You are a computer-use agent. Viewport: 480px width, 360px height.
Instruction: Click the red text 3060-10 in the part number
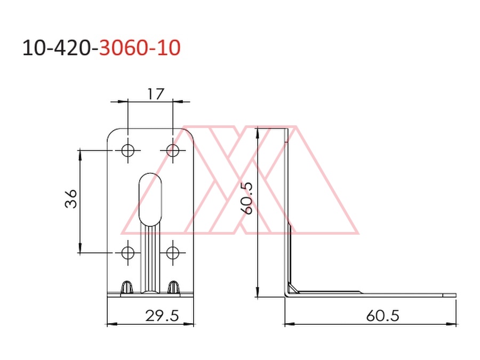(x=140, y=48)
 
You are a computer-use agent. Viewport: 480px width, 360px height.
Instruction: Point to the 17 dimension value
(x=156, y=94)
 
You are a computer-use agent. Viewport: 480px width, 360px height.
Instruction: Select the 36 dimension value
(x=71, y=199)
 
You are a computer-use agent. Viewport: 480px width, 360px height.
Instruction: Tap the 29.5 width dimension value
(x=162, y=316)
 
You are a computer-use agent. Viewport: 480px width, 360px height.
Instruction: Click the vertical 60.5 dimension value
(x=247, y=198)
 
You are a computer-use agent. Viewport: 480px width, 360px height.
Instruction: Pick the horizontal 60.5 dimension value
(x=382, y=316)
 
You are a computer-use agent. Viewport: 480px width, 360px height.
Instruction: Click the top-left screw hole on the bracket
(x=127, y=150)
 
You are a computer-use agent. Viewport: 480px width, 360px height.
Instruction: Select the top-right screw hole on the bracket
(x=173, y=150)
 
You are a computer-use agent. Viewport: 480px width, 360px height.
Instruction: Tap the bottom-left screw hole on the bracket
(x=127, y=253)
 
